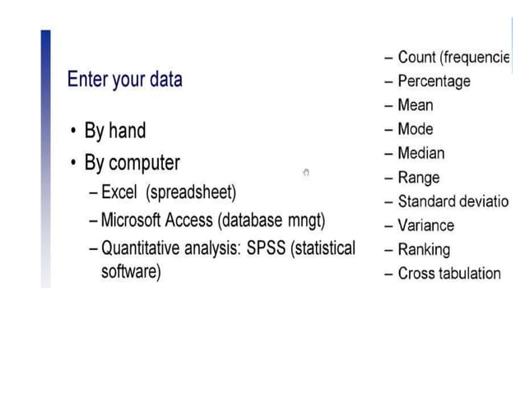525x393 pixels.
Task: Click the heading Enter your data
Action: pos(124,80)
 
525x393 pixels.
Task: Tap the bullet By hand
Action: pos(114,131)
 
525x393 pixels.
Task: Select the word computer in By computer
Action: pos(144,162)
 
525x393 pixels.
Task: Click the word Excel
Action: pos(120,192)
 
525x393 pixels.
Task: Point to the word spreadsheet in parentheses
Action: pos(191,192)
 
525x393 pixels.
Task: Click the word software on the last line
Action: pos(128,271)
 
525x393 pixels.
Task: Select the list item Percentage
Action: pos(434,81)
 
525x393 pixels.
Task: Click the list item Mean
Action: pos(415,105)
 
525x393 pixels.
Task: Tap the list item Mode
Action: pos(415,129)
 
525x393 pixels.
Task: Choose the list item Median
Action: pos(420,153)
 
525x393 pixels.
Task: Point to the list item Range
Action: pos(418,178)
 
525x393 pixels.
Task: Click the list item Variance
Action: pos(425,225)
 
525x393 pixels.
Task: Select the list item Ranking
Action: pos(423,249)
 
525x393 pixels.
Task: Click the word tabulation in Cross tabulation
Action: pos(468,274)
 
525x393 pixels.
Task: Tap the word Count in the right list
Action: pos(416,58)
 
